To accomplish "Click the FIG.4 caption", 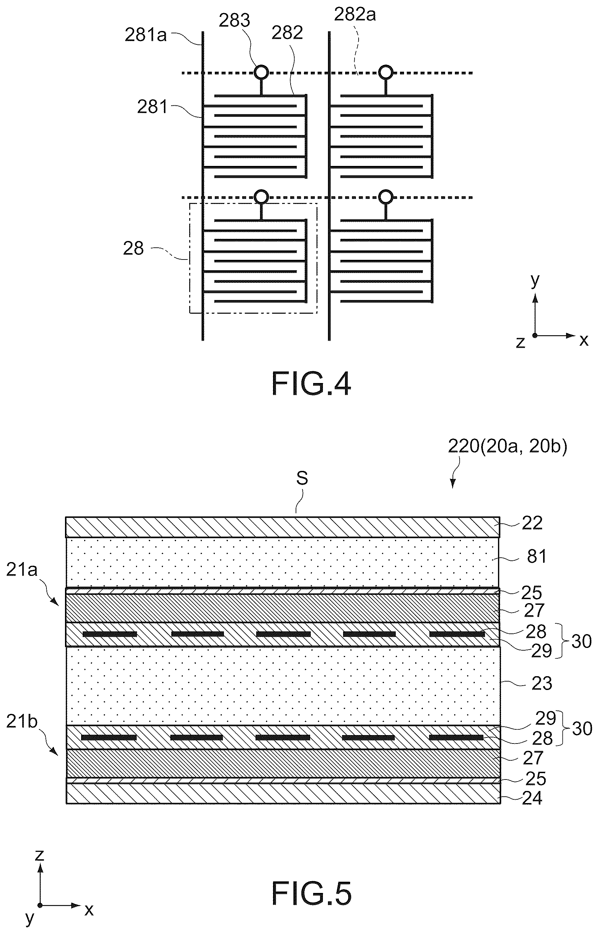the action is coord(311,384).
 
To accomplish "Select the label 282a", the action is coord(355,15).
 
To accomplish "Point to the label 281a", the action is coord(145,35).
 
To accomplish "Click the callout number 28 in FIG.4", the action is coord(133,248).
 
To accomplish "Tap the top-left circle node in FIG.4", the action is coord(261,72).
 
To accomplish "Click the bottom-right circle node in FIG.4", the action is coord(386,197).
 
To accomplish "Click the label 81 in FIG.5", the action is coord(537,556).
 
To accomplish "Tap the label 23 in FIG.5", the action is coord(541,683).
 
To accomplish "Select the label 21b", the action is coord(22,721).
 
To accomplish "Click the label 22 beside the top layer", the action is coord(532,523).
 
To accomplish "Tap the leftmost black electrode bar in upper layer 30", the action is coord(110,634).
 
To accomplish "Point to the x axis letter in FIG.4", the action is coord(584,340).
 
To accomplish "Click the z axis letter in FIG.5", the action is coord(40,855).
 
